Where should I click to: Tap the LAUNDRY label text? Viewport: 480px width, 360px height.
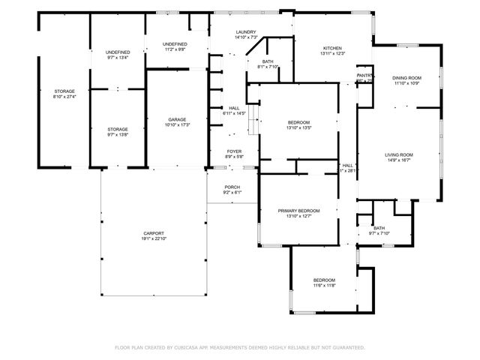225,32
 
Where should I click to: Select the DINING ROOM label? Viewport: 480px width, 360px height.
406,77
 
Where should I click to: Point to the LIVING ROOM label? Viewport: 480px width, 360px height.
399,154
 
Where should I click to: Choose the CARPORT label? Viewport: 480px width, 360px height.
154,233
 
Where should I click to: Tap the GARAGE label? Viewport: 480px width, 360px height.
177,119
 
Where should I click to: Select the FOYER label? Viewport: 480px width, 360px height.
235,151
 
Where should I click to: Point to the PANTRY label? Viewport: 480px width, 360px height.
364,75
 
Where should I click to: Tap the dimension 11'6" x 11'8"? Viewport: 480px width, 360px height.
324,286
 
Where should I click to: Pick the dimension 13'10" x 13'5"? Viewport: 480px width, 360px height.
298,127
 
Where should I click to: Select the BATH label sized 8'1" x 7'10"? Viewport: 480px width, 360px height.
268,61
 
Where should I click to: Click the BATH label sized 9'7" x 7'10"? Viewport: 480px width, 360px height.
379,228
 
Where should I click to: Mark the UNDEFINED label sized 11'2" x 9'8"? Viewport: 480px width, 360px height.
175,44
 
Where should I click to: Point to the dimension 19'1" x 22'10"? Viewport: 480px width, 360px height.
154,238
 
